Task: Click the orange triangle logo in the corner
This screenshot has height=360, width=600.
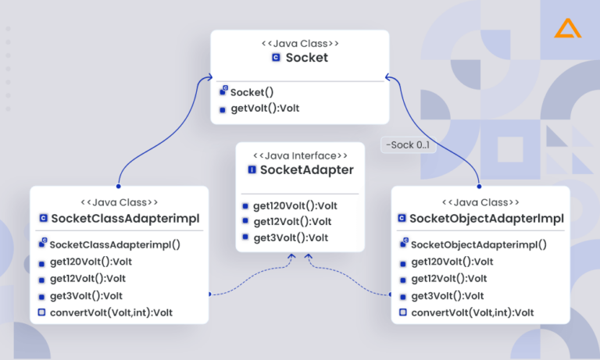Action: pos(563,29)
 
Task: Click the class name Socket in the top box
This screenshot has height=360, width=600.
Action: pos(306,58)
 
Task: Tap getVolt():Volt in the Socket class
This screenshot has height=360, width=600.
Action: pos(264,109)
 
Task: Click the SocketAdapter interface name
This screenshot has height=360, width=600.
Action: pos(306,169)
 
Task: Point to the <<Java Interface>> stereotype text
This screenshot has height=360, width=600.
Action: pos(300,155)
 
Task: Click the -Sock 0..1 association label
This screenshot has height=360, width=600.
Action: pos(406,145)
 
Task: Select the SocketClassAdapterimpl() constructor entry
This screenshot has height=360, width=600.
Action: pos(115,244)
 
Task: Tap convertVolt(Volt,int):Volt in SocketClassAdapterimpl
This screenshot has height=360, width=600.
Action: pos(111,312)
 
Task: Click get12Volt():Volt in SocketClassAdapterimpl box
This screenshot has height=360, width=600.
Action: pos(87,278)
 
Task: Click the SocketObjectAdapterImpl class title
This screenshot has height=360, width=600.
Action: pos(486,218)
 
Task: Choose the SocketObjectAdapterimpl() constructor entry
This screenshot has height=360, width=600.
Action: pos(478,244)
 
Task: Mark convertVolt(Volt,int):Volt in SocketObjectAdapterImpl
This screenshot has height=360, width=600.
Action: pos(472,312)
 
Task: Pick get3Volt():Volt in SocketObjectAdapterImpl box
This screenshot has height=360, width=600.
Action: pos(447,296)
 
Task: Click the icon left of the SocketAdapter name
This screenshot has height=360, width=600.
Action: pos(252,170)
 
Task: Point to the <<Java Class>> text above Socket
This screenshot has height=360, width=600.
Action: pos(300,44)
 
